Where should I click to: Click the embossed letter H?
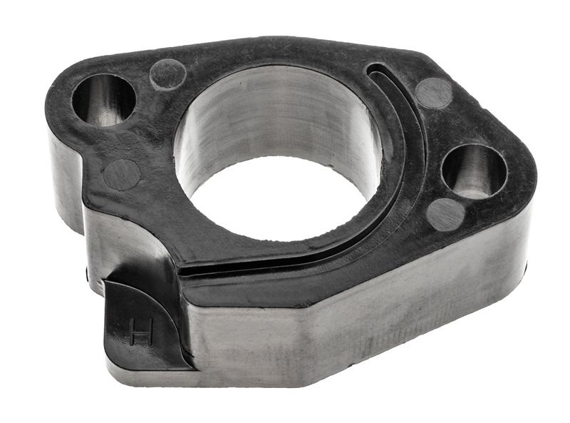coord(140,332)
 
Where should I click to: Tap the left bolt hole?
coord(104,99)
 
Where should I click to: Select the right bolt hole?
coord(474,171)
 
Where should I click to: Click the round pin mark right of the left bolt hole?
coord(168,74)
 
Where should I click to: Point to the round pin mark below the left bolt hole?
coord(122,175)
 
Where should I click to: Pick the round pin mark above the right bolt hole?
coord(434,93)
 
